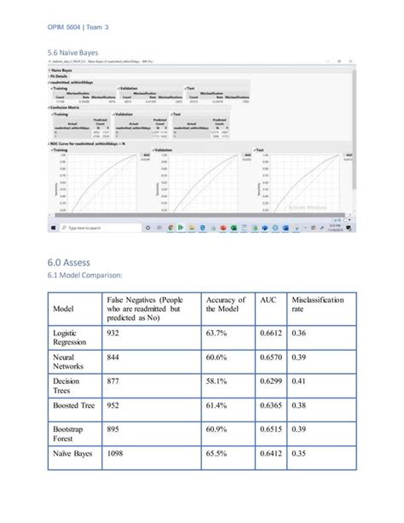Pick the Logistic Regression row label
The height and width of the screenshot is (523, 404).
tap(70, 338)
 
